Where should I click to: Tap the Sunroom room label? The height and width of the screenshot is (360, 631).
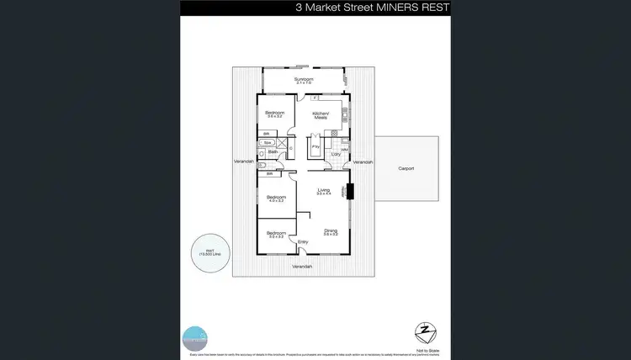point(303,80)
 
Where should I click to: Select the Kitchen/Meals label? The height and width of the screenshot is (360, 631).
point(321,115)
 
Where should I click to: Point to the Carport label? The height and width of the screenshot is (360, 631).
point(406,168)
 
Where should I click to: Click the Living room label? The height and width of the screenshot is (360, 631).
point(323,192)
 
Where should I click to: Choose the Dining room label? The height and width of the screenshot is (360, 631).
point(331,230)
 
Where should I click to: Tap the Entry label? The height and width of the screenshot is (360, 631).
point(304,242)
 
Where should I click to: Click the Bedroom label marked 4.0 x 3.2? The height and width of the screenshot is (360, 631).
point(276,199)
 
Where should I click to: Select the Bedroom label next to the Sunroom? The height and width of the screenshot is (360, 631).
point(275,114)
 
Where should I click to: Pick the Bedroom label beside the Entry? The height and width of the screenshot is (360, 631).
point(276,234)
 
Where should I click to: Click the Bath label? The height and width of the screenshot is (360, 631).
point(273,152)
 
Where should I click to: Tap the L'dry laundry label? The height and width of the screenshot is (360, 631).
point(336,154)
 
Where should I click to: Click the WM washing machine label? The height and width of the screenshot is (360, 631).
point(344,149)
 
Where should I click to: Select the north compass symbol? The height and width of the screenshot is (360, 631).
point(426,329)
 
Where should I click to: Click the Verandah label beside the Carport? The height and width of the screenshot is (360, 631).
point(363,161)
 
